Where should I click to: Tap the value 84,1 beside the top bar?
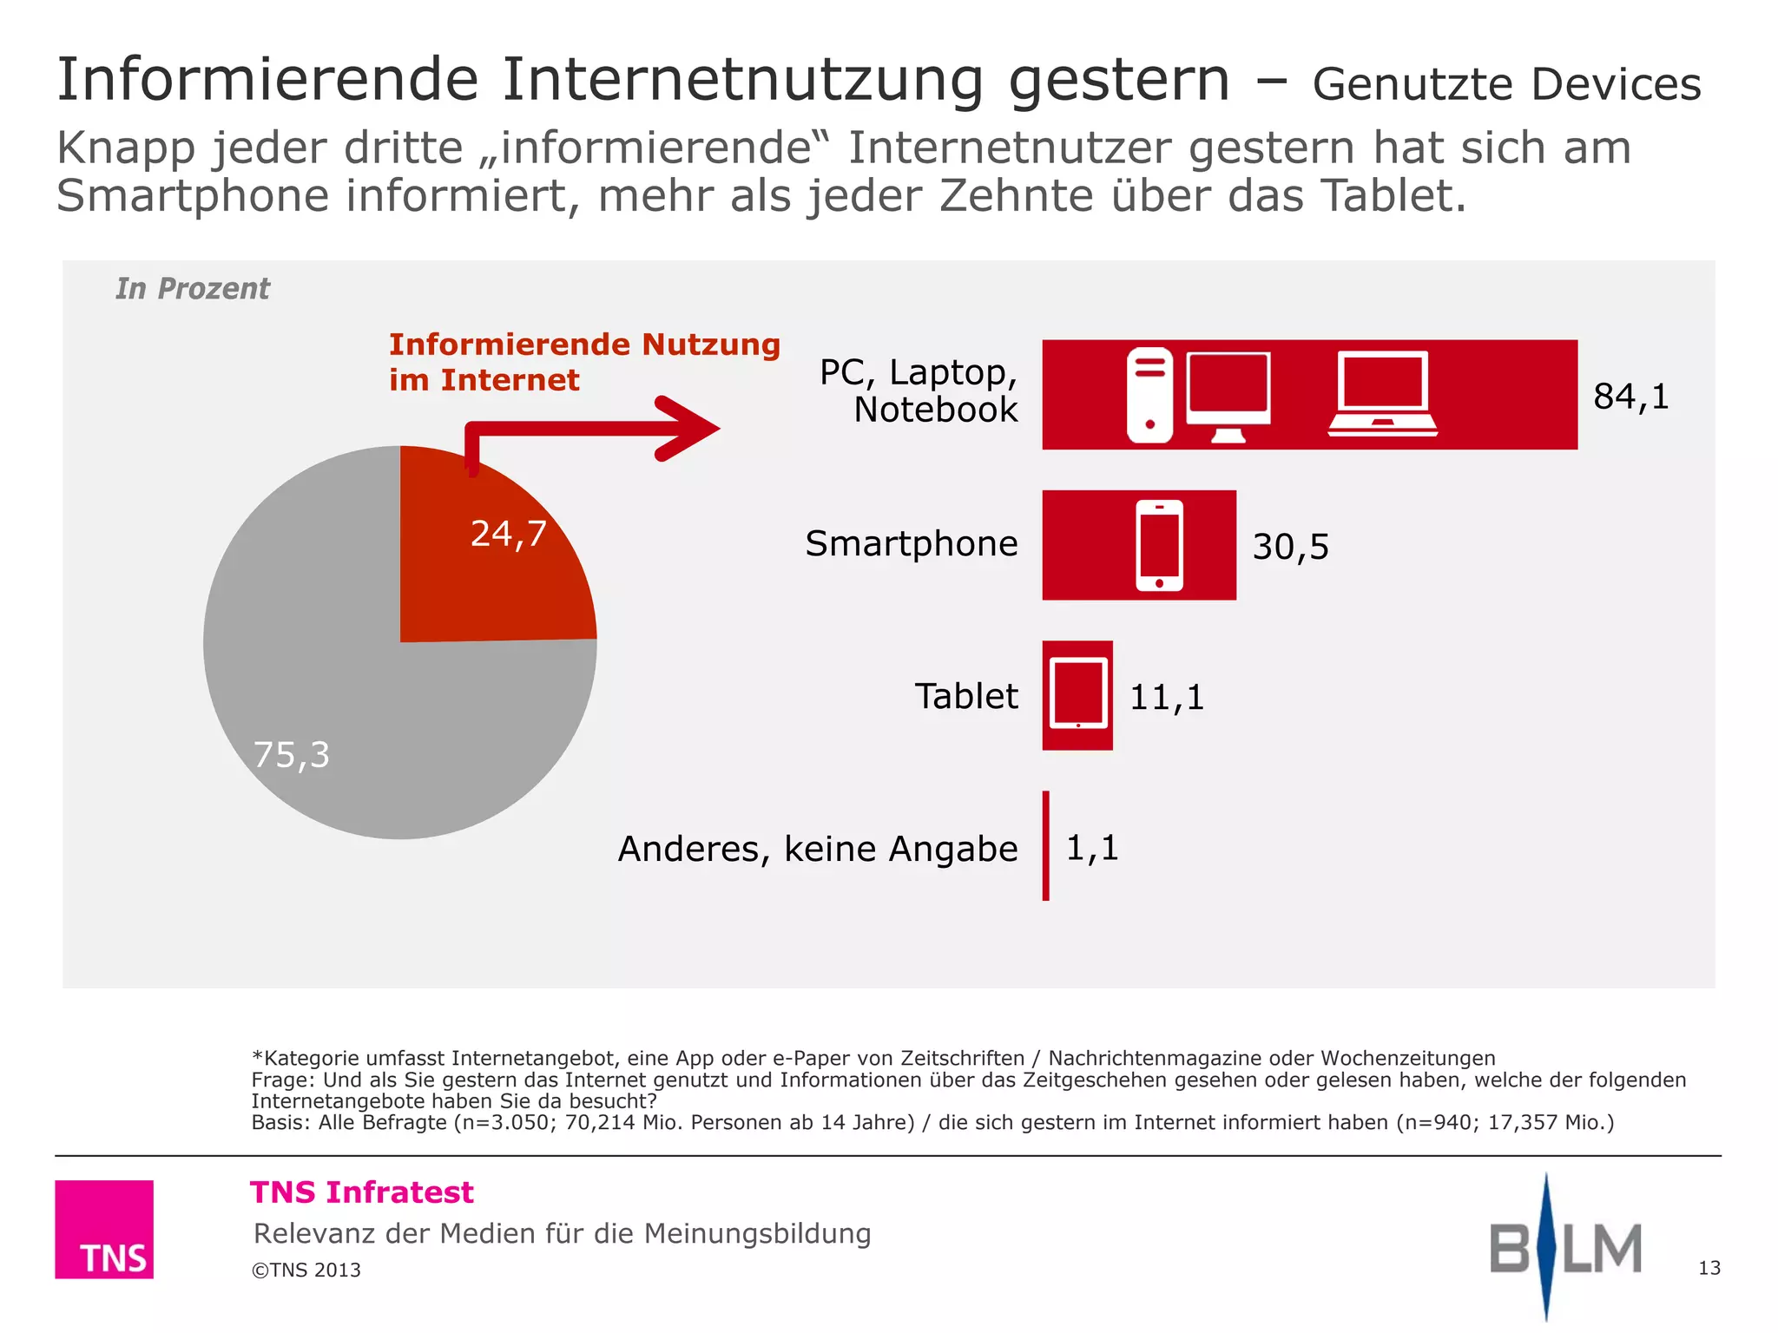click(1630, 397)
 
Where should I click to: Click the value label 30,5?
click(1290, 547)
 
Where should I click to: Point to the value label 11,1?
click(1166, 697)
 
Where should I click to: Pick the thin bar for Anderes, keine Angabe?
click(1046, 845)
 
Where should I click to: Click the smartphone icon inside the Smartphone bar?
click(1159, 545)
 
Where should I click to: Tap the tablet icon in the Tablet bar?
click(1078, 694)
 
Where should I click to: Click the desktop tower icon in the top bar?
click(1149, 395)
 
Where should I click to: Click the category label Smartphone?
click(911, 544)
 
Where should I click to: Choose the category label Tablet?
click(965, 696)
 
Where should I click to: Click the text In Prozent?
click(193, 288)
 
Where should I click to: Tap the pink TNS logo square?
click(104, 1229)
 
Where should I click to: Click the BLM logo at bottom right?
click(1565, 1248)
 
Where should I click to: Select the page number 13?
click(1709, 1268)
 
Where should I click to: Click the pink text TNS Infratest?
click(362, 1192)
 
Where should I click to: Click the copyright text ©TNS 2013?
click(306, 1270)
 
